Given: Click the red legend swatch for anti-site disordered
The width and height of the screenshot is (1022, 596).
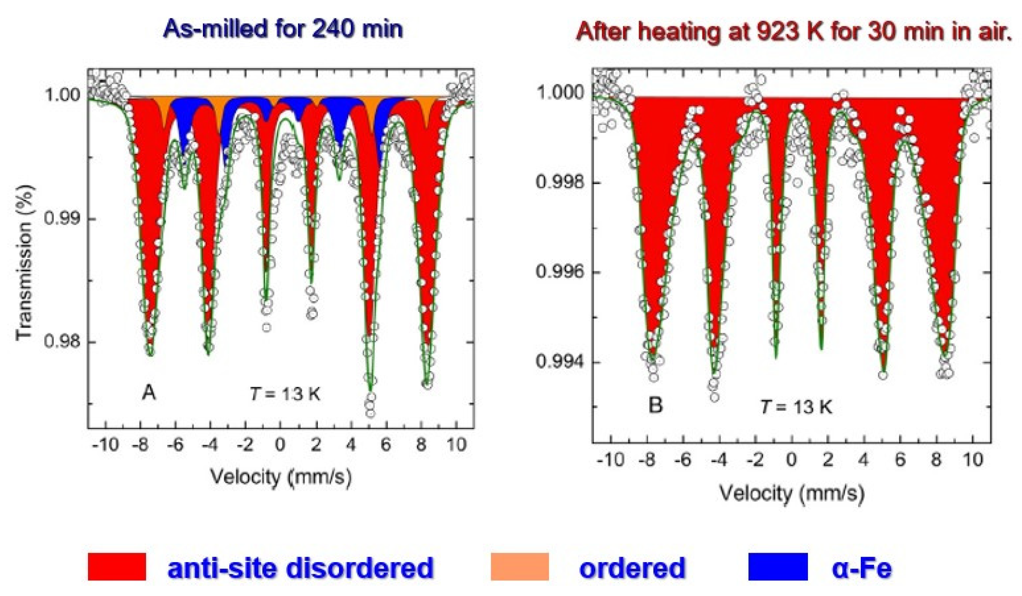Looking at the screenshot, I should point(117,566).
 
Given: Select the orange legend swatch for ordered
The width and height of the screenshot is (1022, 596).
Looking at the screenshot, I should point(519,566).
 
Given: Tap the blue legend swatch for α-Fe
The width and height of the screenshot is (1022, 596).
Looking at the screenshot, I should point(778,566).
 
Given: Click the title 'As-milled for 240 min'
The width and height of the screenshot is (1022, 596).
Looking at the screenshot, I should point(283,29).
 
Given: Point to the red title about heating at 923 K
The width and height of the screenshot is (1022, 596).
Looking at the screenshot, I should point(794,32).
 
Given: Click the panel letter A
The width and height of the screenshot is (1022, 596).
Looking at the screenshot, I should point(148,392).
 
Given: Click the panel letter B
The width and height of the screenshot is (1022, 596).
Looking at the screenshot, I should point(655,405).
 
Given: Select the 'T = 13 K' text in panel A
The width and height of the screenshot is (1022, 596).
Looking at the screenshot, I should point(285,394).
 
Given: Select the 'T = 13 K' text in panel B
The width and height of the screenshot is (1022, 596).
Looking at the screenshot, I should point(796,407).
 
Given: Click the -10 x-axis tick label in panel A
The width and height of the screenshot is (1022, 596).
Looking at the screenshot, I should point(105,445).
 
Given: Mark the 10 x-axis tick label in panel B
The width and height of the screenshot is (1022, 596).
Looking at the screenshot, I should point(973,460).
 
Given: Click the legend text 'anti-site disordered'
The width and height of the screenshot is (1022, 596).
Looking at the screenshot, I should point(300,568).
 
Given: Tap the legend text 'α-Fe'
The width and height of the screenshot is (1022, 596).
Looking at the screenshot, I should point(862,568).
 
